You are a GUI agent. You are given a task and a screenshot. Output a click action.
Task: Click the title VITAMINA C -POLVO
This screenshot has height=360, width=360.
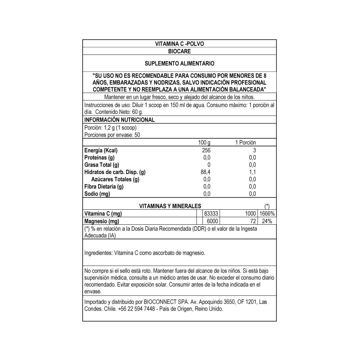pos(179,44)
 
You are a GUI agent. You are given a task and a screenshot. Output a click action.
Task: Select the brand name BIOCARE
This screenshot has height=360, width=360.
pos(179,51)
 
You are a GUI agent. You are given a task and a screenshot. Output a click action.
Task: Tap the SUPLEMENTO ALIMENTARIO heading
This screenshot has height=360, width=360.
pos(179,63)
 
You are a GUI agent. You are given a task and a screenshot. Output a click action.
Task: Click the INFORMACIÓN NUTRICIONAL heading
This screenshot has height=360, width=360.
pos(119,120)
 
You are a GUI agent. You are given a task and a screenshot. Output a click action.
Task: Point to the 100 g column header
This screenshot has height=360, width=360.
pos(204,143)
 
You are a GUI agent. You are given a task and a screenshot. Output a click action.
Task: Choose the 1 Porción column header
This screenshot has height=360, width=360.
pos(245,143)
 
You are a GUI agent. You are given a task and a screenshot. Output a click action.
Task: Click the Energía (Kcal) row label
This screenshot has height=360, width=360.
pos(101,150)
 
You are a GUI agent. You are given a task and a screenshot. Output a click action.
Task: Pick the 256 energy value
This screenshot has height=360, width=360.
pos(206,150)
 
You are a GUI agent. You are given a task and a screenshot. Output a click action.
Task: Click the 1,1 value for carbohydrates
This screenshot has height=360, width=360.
pos(252,172)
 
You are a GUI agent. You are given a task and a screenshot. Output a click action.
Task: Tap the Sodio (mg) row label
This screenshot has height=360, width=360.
pos(97,194)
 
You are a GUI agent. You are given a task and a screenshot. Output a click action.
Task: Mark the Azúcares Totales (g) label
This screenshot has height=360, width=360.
pos(115,179)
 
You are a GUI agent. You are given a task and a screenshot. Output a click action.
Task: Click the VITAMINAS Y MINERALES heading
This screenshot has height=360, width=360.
pos(170,206)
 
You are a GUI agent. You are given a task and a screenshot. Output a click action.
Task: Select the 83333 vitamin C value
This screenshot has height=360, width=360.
pos(211,214)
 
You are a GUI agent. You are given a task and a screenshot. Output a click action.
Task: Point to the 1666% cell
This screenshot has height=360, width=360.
pos(267,214)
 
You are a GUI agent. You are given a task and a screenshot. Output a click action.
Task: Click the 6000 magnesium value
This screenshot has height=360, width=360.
pos(212,221)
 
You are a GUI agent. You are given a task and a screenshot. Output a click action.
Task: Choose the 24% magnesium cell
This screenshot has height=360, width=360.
pos(267,221)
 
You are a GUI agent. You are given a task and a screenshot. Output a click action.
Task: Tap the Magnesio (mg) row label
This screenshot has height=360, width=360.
pos(101,221)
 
